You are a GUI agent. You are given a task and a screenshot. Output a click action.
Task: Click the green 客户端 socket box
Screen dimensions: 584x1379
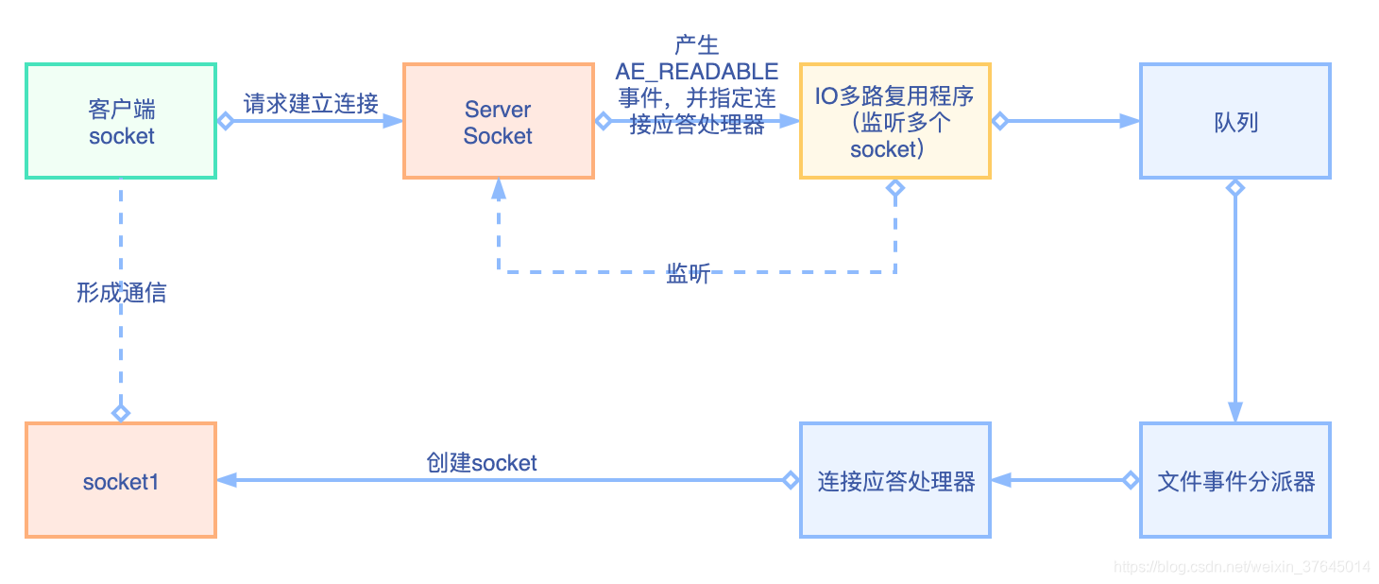coord(121,121)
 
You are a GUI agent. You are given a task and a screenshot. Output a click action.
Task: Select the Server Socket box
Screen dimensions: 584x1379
coord(499,121)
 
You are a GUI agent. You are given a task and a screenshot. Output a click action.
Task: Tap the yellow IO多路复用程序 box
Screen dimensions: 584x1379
coord(894,121)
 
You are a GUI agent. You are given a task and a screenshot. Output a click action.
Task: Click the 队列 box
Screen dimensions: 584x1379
coord(1235,121)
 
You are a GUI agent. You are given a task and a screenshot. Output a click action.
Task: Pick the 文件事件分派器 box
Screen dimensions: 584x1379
coord(1235,480)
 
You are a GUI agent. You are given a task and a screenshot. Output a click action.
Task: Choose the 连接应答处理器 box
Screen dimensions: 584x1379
coord(894,480)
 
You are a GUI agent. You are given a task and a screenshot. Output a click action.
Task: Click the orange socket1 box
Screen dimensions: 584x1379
coord(121,480)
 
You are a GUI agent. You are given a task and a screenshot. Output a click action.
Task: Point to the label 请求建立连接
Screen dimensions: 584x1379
coord(311,103)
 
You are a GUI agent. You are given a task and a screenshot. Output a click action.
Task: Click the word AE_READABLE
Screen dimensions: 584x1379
coord(697,72)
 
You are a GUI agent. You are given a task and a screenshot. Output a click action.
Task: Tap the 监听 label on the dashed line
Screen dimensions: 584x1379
coord(688,275)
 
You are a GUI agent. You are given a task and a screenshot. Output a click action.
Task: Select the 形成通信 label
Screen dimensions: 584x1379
coord(121,293)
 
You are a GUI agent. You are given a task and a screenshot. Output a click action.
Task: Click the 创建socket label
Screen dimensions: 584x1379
coord(482,463)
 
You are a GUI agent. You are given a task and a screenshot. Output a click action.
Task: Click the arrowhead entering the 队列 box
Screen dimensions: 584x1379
coord(1130,121)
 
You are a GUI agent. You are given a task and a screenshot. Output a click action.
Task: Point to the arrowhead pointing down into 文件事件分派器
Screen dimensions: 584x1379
coord(1235,412)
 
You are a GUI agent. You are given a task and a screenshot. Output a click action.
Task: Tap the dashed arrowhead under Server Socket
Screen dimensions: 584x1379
coord(499,189)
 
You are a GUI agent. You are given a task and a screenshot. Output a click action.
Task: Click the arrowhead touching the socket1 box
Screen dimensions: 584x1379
coord(228,480)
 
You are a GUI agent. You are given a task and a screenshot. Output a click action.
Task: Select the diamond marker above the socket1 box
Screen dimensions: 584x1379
coord(121,413)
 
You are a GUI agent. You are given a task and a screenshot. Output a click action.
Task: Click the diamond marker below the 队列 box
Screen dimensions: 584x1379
coord(1235,188)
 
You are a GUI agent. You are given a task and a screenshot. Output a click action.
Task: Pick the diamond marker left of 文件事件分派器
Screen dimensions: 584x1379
coord(1131,480)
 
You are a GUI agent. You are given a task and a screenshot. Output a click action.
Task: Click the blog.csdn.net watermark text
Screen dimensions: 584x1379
coord(1241,567)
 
